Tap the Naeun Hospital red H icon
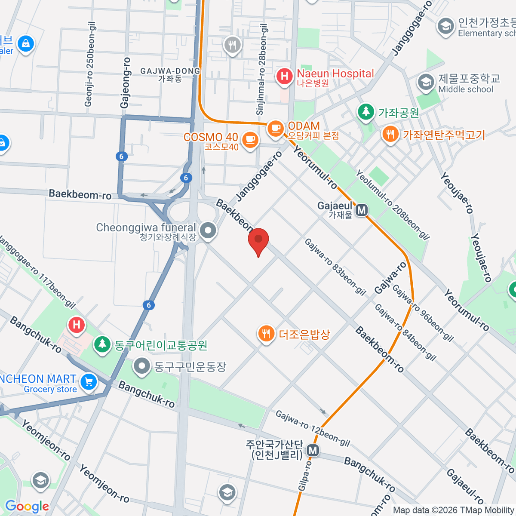284,77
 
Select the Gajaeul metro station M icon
362,210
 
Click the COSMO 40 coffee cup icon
250,139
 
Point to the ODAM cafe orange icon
275,128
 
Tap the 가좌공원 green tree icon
366,112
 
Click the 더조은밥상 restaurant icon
266,333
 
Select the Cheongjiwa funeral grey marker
209,230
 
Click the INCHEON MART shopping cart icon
89,381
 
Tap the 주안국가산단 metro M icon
313,451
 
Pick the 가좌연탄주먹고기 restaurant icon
390,134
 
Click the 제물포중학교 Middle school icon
426,82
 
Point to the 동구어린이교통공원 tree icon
102,344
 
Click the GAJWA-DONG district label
170,74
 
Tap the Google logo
27,506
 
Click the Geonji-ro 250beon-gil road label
89,64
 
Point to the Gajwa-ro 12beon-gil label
313,428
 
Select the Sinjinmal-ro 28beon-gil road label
262,69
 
